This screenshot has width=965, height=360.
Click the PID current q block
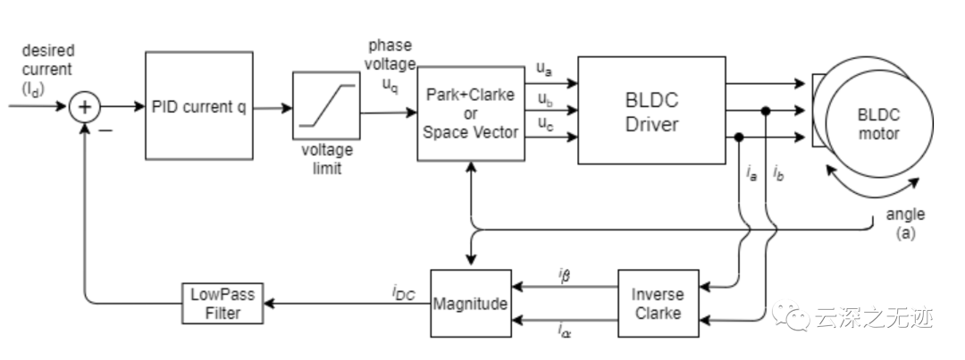point(198,105)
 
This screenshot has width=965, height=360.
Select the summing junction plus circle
point(84,107)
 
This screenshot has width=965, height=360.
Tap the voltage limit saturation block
point(326,105)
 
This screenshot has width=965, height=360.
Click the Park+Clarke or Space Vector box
point(471,113)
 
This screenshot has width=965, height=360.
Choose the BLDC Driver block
point(651,111)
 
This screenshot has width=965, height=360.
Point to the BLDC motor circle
point(879,123)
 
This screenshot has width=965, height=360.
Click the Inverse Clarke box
point(658,304)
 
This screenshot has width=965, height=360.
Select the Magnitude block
point(471,304)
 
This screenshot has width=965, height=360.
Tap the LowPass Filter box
point(222,304)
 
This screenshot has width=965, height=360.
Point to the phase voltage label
point(390,64)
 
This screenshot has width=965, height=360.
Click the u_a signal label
point(543,69)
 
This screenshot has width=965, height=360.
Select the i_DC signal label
point(404,293)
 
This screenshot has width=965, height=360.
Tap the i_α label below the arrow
point(565,331)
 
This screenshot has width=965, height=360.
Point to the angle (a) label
point(905,223)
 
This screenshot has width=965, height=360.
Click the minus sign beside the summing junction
point(105,130)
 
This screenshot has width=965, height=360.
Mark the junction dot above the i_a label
point(739,138)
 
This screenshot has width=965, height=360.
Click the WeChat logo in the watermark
point(791,315)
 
